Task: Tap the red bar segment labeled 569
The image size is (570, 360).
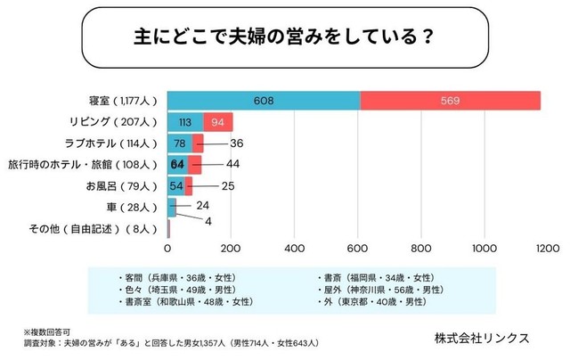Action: tap(450, 101)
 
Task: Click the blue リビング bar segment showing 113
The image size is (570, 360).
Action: tap(185, 122)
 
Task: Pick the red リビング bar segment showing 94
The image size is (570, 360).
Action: tap(218, 122)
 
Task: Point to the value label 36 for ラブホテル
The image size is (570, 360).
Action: tap(236, 143)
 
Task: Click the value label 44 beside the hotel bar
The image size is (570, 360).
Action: tap(233, 164)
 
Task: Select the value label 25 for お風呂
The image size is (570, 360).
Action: tap(228, 185)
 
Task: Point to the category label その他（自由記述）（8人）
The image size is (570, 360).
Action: tap(98, 228)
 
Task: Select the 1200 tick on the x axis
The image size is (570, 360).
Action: tap(547, 247)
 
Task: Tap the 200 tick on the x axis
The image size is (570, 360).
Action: tap(231, 247)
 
